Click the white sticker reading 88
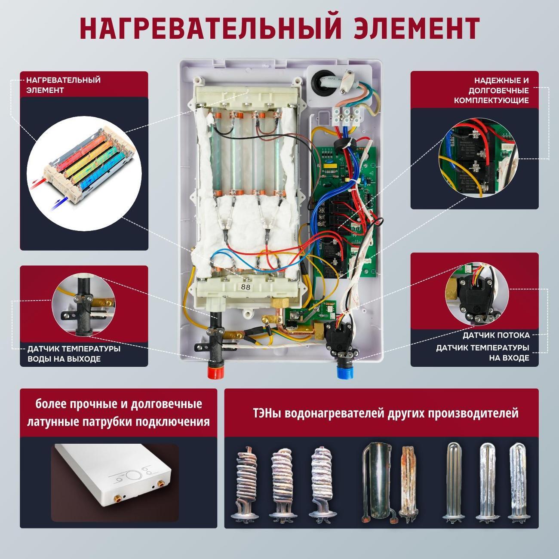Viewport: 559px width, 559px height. pyautogui.click(x=246, y=287)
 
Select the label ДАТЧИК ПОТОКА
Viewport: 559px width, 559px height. pyautogui.click(x=496, y=335)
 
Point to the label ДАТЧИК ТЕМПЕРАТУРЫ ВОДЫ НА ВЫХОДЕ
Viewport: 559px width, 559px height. pyautogui.click(x=74, y=353)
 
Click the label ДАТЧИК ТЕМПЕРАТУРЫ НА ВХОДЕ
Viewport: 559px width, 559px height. pyautogui.click(x=482, y=353)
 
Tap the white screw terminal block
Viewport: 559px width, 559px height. pyautogui.click(x=347, y=117)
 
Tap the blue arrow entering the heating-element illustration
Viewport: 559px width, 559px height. pyautogui.click(x=62, y=200)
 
